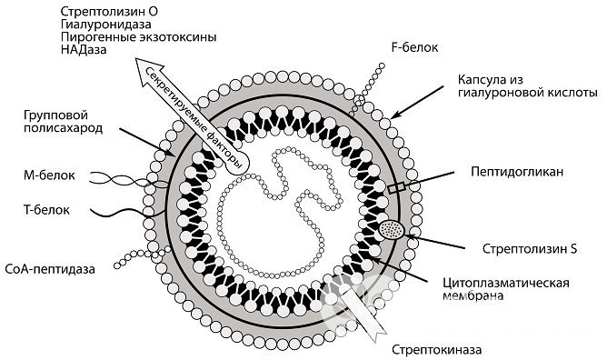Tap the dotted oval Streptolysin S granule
point(391,231)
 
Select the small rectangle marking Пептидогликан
point(397,186)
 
